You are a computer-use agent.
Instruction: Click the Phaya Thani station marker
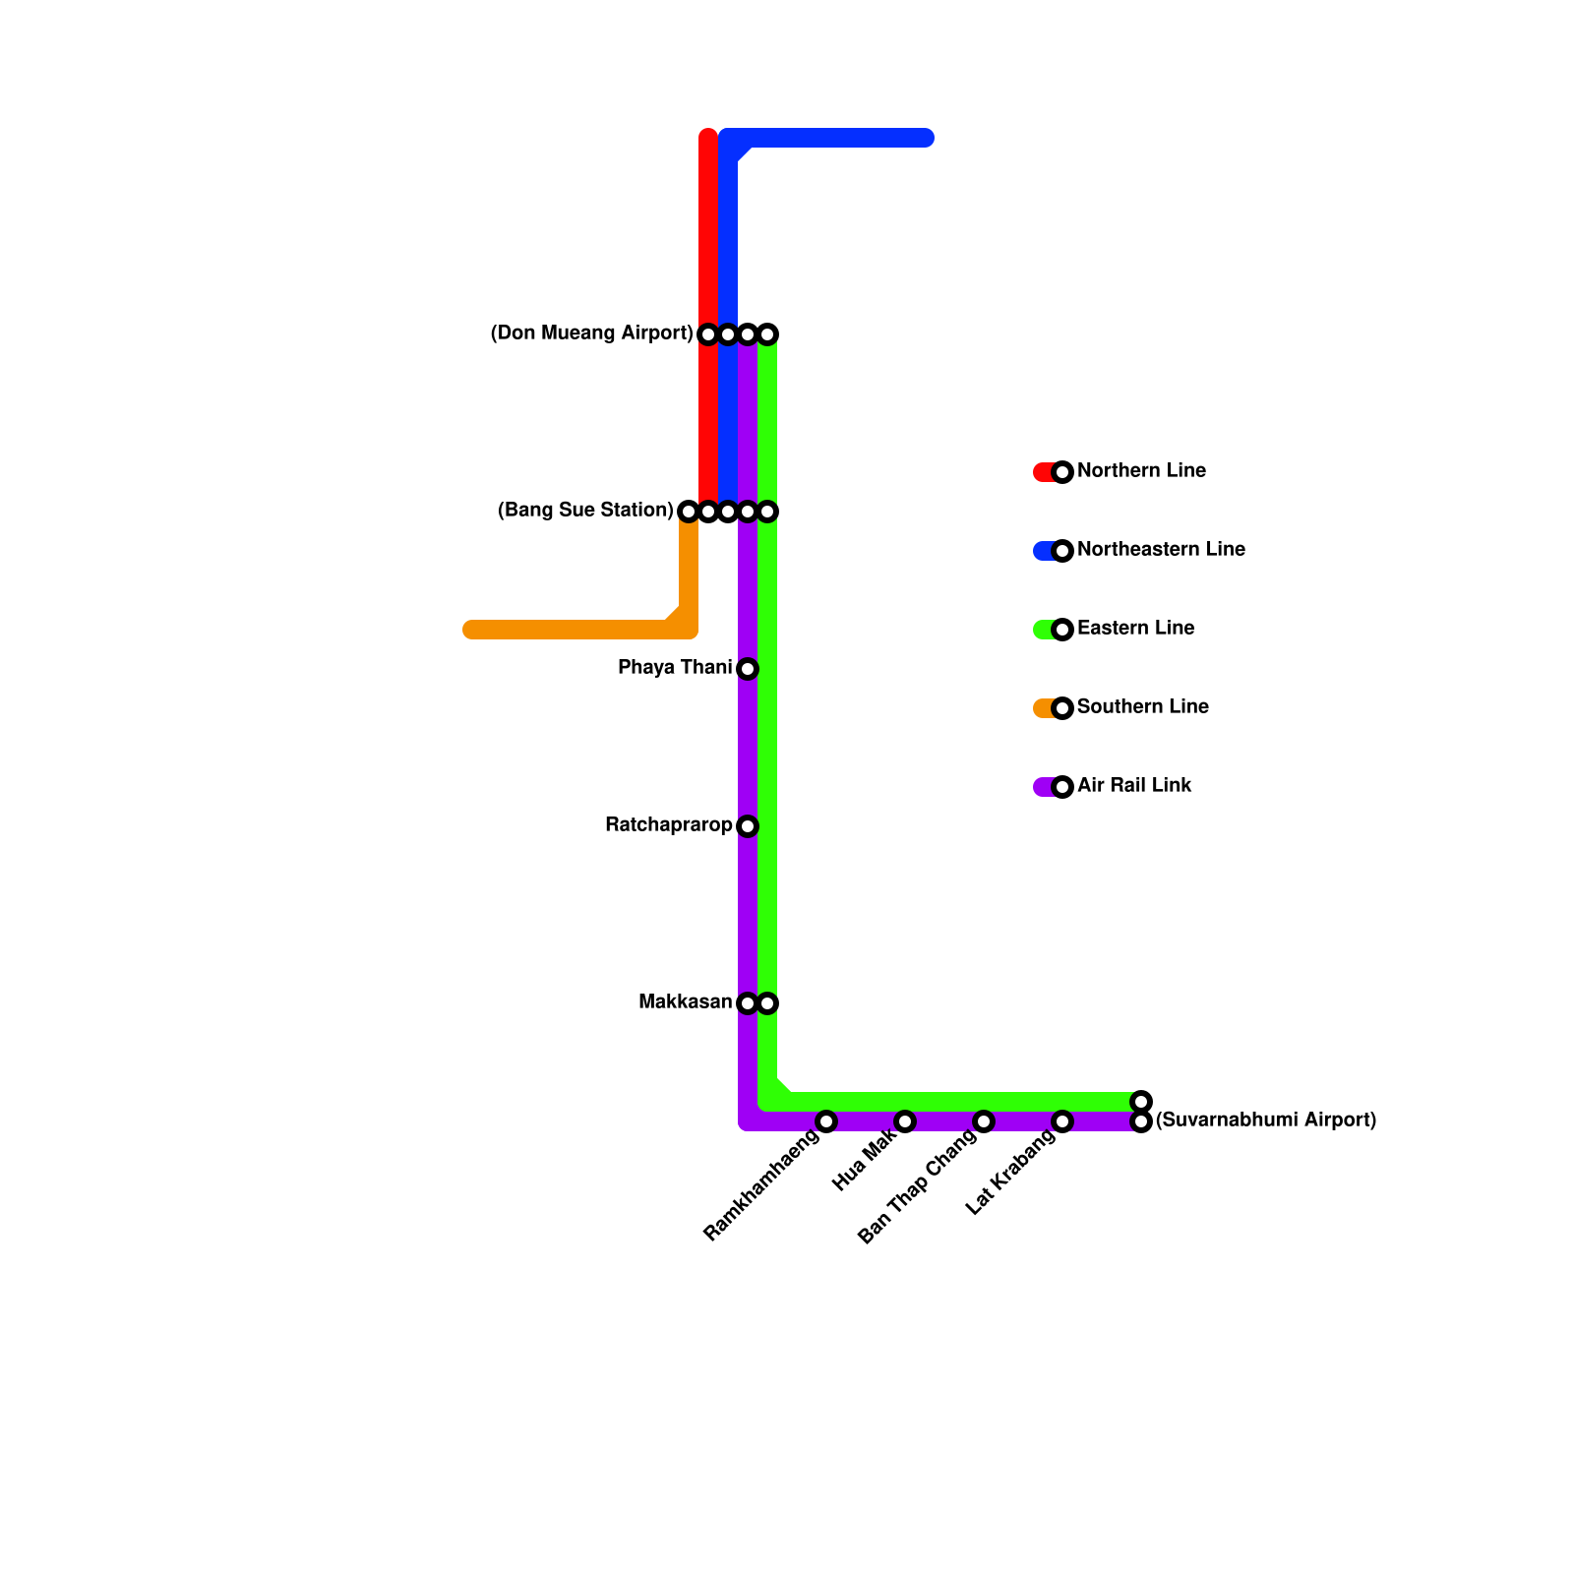pyautogui.click(x=748, y=669)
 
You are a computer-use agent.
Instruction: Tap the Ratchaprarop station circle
pyautogui.click(x=748, y=826)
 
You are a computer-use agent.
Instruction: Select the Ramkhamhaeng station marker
pyautogui.click(x=826, y=1121)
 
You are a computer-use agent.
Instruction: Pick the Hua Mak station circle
pyautogui.click(x=905, y=1121)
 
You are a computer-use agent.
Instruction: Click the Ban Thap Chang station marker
pyautogui.click(x=984, y=1121)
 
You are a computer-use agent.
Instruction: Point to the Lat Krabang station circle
pyautogui.click(x=1062, y=1121)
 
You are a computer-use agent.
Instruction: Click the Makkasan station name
pyautogui.click(x=685, y=1002)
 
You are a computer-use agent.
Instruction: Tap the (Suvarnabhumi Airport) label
pyautogui.click(x=1265, y=1120)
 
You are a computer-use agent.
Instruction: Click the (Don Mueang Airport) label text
pyautogui.click(x=591, y=333)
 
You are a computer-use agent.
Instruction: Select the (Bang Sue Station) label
pyautogui.click(x=585, y=511)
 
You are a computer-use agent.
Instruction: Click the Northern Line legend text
pyautogui.click(x=1141, y=471)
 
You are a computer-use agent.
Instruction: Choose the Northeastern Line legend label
pyautogui.click(x=1161, y=550)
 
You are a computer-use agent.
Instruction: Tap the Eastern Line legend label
pyautogui.click(x=1135, y=629)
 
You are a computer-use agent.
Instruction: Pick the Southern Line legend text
pyautogui.click(x=1142, y=707)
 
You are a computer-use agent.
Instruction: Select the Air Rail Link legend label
pyautogui.click(x=1134, y=786)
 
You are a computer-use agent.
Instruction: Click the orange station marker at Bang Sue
pyautogui.click(x=689, y=512)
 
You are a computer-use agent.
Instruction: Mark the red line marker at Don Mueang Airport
pyautogui.click(x=708, y=334)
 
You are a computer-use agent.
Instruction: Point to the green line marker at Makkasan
pyautogui.click(x=767, y=1003)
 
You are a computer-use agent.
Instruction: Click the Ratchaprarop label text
pyautogui.click(x=669, y=825)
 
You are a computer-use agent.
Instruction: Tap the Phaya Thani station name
pyautogui.click(x=675, y=668)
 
